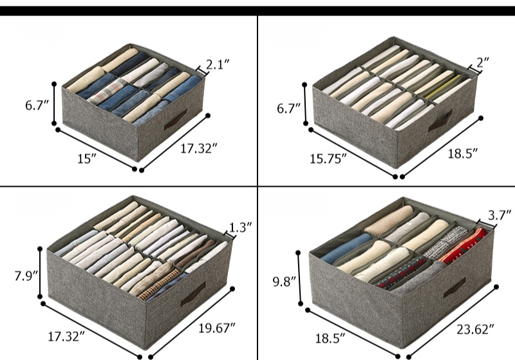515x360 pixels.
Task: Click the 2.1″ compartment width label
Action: (x=218, y=64)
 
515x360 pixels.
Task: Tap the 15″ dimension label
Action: (x=87, y=159)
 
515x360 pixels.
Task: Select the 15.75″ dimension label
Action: (x=328, y=159)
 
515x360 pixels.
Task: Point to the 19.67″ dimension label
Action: (x=217, y=328)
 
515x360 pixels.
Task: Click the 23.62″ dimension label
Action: (x=475, y=329)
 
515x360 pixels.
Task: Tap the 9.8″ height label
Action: (x=285, y=282)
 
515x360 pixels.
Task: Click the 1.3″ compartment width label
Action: (x=240, y=227)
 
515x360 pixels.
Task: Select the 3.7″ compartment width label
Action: (x=500, y=216)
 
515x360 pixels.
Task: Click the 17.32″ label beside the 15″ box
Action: (x=199, y=149)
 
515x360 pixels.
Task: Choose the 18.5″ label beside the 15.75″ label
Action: (x=463, y=153)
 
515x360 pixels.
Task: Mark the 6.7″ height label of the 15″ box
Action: (x=37, y=106)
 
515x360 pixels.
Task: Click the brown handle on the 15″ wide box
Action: (x=175, y=120)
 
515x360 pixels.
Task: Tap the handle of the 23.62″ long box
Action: (x=454, y=288)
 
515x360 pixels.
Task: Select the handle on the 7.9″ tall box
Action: (x=193, y=294)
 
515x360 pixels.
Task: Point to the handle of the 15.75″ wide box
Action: (x=440, y=121)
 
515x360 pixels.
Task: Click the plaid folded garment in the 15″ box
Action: (x=106, y=92)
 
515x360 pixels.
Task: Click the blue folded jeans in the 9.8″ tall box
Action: (x=346, y=249)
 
